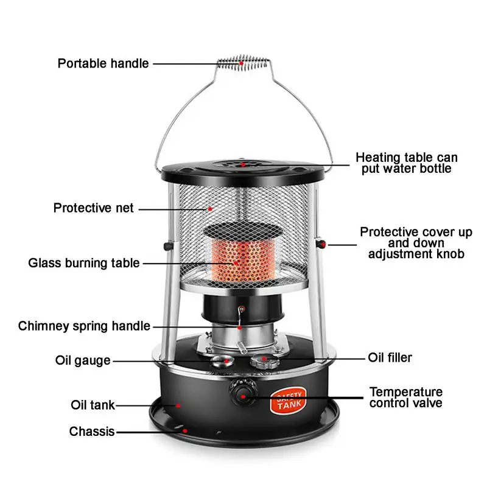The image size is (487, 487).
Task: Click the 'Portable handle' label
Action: point(103,63)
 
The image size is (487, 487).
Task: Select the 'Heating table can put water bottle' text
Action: point(407,163)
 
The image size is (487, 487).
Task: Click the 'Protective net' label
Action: point(93,208)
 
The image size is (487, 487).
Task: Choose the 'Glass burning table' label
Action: point(84,264)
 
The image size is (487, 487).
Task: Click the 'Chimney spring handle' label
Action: point(84,326)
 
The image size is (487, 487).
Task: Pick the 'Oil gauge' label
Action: point(83,360)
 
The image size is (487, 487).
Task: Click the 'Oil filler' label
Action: point(390,357)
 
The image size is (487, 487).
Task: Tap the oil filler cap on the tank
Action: point(265,361)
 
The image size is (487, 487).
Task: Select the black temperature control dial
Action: point(243,393)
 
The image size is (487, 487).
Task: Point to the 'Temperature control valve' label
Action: point(406,397)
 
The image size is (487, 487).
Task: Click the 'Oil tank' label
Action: point(92,405)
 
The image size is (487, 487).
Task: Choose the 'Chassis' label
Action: point(91,432)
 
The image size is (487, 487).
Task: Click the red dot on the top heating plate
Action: point(242,164)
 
